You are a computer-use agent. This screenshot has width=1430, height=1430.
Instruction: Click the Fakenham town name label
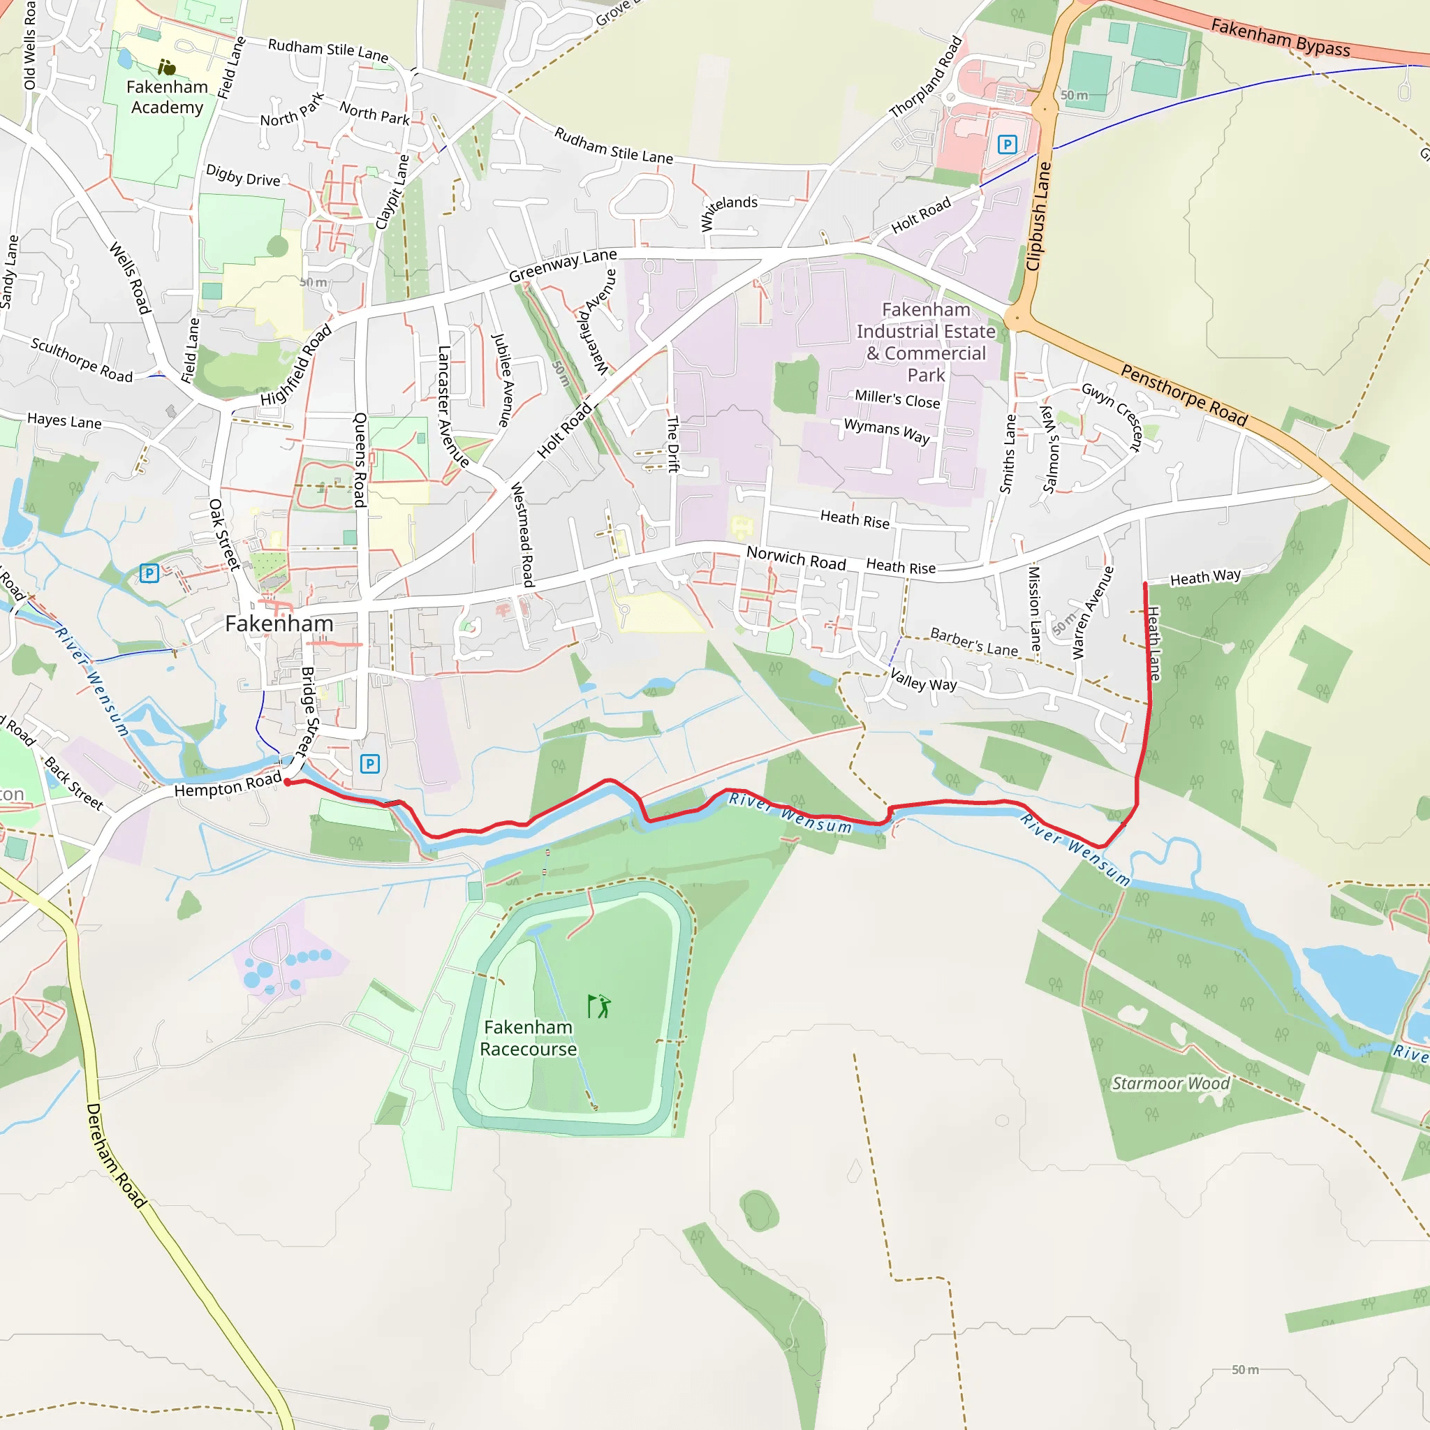coord(279,624)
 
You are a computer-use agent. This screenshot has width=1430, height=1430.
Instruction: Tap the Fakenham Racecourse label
coord(528,1038)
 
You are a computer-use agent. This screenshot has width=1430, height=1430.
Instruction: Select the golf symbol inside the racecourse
coord(599,1007)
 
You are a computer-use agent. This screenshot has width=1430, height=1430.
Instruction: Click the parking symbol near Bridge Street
coord(369,763)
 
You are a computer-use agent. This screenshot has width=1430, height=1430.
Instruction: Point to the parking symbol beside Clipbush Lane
coord(1007,145)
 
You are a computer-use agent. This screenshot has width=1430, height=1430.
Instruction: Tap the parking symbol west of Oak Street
coord(149,573)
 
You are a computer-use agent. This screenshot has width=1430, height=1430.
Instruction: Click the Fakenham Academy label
coord(168,97)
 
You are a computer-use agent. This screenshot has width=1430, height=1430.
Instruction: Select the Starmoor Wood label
coord(1170,1084)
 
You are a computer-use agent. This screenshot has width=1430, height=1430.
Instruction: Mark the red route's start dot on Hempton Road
coord(287,781)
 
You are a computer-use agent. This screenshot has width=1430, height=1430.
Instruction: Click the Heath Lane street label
coord(1154,643)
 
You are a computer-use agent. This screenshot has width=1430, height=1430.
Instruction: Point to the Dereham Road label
coord(116,1156)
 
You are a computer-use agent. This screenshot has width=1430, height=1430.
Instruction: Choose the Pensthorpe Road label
coord(1184,395)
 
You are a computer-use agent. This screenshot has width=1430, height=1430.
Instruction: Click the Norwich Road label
coord(796,558)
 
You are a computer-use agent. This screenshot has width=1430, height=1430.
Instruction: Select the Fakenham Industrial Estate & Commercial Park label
coord(926,342)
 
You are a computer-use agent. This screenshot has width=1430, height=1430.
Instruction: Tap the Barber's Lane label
coord(973,642)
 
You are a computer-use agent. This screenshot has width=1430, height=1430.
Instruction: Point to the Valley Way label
coord(923,679)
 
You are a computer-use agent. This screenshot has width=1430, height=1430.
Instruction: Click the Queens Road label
coord(360,459)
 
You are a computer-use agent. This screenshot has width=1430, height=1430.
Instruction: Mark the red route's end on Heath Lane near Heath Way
coord(1145,584)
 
